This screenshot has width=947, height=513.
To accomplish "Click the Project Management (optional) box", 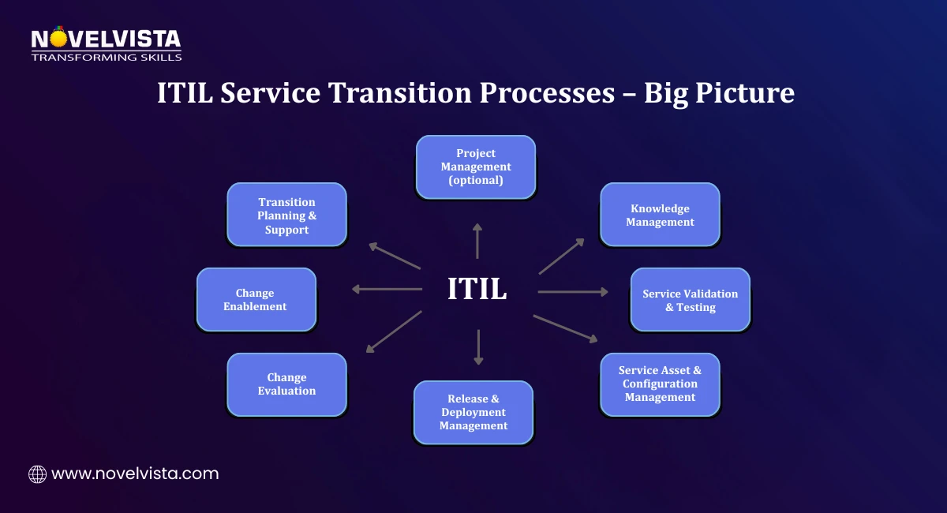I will tap(476, 167).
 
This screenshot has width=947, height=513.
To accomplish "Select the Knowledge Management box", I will tap(660, 215).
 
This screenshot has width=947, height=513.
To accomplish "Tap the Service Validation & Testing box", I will tap(690, 300).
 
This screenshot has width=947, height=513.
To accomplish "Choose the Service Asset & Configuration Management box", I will tap(660, 384).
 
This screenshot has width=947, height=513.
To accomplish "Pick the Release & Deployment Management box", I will tap(473, 412).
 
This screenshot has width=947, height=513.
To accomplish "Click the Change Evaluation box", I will tap(286, 384).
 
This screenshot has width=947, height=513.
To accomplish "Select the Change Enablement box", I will tap(256, 299).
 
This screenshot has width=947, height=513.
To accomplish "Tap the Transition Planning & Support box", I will tap(286, 215).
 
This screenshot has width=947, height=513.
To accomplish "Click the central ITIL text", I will tap(477, 289).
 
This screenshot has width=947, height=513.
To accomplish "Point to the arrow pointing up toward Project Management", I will tap(477, 241).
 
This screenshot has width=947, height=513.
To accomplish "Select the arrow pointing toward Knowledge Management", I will tap(562, 256).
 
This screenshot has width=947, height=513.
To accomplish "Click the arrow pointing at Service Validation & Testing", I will tap(573, 292).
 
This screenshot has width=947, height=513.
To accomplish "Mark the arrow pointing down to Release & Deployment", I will tap(477, 347).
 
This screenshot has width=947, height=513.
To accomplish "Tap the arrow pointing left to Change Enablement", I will tap(387, 289).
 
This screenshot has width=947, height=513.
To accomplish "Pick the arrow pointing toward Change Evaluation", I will tap(393, 331).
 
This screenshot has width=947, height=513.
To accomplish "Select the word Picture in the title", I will tap(749, 93).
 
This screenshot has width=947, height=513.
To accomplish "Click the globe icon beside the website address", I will tap(37, 474).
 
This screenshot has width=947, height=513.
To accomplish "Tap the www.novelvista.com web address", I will tap(135, 474).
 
